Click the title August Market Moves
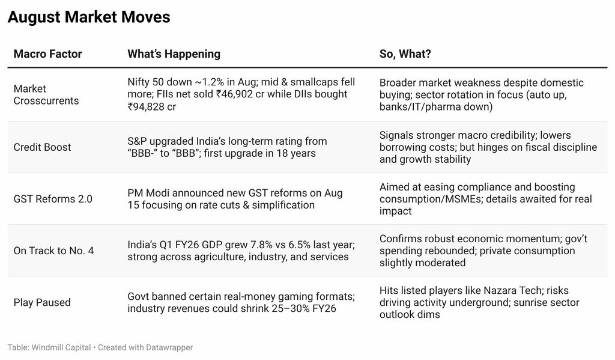89,17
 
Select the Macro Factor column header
47,54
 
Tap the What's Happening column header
174,54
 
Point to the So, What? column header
405,54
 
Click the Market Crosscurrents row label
46,94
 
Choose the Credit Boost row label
42,147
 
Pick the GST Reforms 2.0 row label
53,199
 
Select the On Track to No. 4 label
53,251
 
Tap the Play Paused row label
42,302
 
